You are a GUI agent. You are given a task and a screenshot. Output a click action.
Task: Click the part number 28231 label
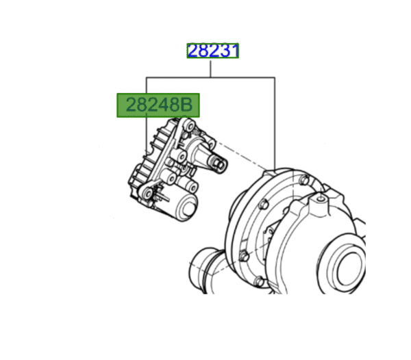pyautogui.click(x=213, y=51)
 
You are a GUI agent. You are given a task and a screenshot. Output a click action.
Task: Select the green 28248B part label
pyautogui.click(x=158, y=105)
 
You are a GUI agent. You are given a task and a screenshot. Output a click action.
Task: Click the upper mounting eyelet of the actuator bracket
pyautogui.click(x=187, y=126)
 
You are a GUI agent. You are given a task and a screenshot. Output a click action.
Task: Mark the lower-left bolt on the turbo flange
pyautogui.click(x=242, y=257)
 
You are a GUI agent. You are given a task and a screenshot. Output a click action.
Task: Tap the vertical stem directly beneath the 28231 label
pyautogui.click(x=210, y=67)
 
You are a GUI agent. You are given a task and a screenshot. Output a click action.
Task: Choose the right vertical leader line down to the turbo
pyautogui.click(x=275, y=123)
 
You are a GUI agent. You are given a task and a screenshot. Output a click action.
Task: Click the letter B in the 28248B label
pyautogui.click(x=188, y=105)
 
